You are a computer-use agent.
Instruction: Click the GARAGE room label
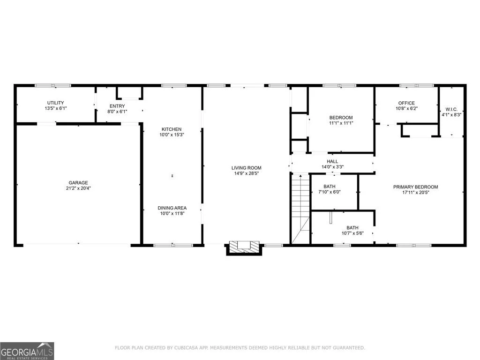click(x=78, y=183)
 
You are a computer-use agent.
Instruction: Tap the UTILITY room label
click(x=55, y=103)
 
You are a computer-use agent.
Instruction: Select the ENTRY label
click(x=117, y=106)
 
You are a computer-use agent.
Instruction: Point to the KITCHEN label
click(x=172, y=129)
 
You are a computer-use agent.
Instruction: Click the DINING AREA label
click(x=172, y=208)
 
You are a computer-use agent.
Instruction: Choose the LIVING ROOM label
click(x=247, y=168)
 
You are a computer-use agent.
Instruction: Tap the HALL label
click(x=332, y=161)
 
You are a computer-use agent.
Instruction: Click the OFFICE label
click(x=406, y=103)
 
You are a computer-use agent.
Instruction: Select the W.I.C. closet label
click(x=451, y=109)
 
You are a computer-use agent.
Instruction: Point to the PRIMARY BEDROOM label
click(x=415, y=187)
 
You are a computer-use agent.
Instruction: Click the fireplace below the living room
click(x=244, y=247)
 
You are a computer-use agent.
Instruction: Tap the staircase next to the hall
click(x=300, y=209)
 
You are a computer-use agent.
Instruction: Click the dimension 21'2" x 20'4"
click(x=78, y=188)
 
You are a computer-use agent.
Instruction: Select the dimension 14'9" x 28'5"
click(x=247, y=173)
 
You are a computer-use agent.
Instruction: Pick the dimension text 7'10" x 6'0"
click(x=330, y=192)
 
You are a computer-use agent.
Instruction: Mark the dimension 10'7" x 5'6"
click(x=352, y=233)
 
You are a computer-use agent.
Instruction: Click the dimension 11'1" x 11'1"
click(x=341, y=123)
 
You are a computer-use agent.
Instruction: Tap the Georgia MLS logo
click(x=27, y=351)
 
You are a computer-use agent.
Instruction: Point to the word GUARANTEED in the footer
click(x=349, y=348)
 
